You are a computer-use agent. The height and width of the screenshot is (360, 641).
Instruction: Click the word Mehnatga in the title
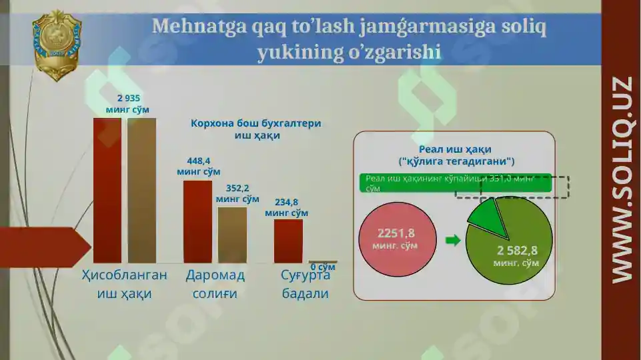[x=191, y=27]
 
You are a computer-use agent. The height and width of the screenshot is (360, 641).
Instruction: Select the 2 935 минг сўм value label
[x=127, y=103]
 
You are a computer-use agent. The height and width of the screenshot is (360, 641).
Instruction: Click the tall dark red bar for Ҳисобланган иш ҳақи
[x=107, y=190]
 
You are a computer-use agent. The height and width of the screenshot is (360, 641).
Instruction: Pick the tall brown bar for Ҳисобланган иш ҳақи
[x=141, y=190]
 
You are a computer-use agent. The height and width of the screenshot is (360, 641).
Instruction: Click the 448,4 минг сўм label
[x=199, y=166]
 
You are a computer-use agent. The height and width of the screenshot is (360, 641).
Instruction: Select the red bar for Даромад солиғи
[x=197, y=221]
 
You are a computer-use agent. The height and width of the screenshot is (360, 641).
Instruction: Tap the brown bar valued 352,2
[x=232, y=235]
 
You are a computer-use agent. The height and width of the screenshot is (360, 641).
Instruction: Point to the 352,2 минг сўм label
[x=237, y=193]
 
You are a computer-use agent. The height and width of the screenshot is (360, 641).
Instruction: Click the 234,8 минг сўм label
[x=287, y=207]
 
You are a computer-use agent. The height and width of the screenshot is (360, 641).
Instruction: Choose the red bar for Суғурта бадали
[x=288, y=241]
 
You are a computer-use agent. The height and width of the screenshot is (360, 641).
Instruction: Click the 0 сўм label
[x=323, y=267]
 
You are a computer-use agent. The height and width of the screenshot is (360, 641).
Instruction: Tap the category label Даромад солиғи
[x=215, y=284]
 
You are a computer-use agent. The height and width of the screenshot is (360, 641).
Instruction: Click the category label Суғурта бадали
[x=305, y=284]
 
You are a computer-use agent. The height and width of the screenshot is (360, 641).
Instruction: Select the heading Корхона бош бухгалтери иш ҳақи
[x=256, y=129]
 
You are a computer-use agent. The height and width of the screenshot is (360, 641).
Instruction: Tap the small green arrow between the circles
[x=452, y=240]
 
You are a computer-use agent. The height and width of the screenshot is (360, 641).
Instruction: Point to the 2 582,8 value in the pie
[x=516, y=251]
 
